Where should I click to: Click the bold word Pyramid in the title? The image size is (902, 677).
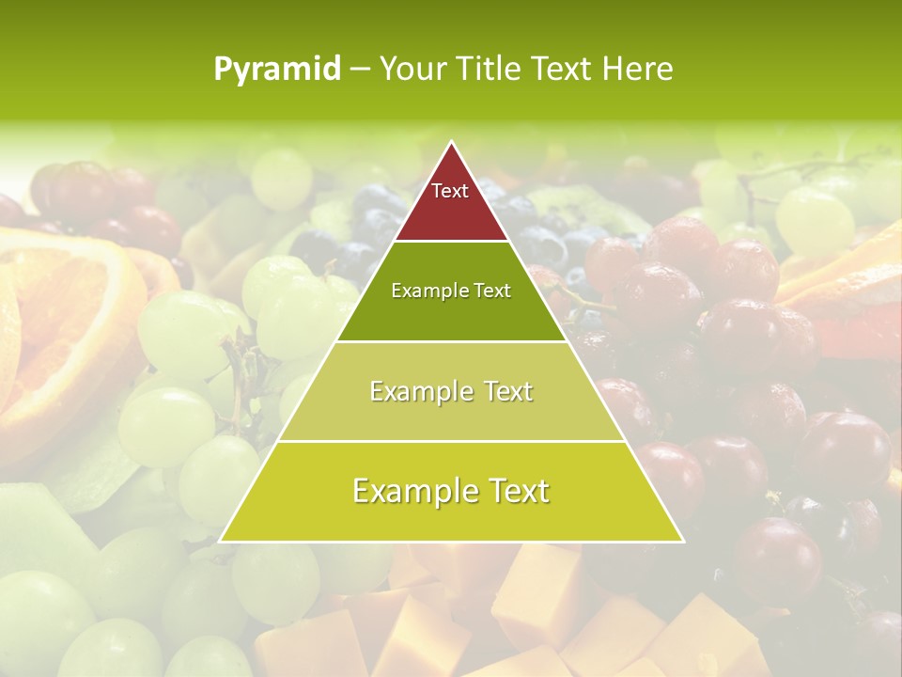tap(276, 70)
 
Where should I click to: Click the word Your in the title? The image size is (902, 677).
tap(412, 70)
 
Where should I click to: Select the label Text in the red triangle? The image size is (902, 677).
tap(450, 191)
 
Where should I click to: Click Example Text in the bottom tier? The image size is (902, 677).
tap(451, 491)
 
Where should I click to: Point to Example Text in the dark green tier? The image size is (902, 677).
tap(451, 291)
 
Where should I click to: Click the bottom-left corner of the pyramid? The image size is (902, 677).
tap(221, 541)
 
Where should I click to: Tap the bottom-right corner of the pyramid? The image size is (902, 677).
tap(682, 541)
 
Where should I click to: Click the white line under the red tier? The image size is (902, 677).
tap(451, 242)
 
